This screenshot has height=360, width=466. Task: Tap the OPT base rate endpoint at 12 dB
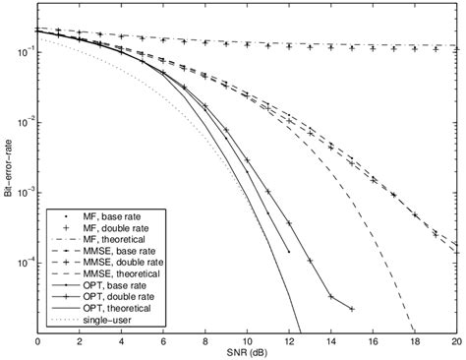[x=289, y=252]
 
